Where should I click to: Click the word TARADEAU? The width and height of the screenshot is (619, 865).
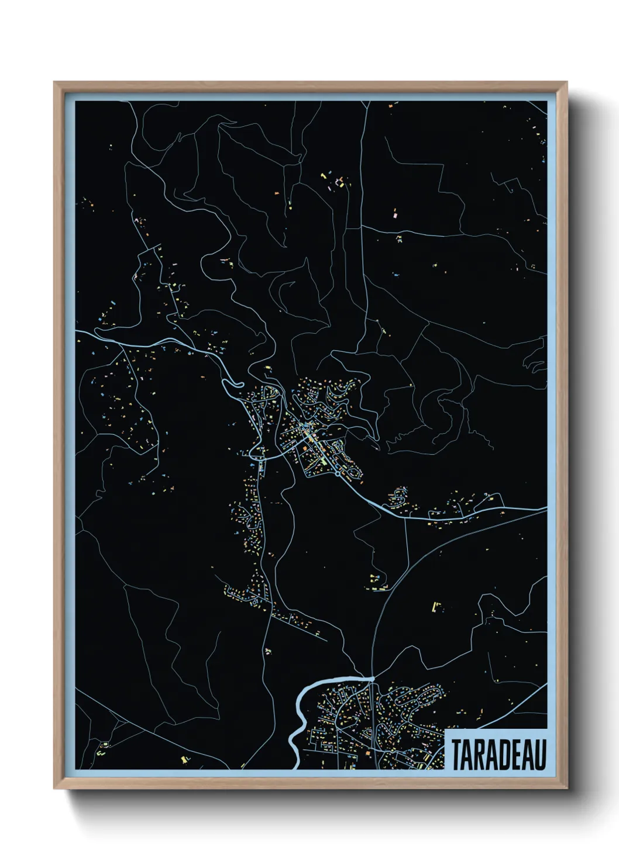pos(499,755)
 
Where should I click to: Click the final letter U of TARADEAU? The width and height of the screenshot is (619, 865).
pos(541,755)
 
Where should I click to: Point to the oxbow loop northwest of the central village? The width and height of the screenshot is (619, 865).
pos(232,383)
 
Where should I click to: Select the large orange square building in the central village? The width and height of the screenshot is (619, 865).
pos(305,449)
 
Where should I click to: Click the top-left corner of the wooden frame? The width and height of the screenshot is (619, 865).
pos(54,82)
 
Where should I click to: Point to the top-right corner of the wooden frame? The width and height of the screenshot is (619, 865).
pos(567,82)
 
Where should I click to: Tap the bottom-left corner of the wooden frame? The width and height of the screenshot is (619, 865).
pos(54,788)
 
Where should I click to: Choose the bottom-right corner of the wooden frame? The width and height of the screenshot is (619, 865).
pos(567,788)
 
